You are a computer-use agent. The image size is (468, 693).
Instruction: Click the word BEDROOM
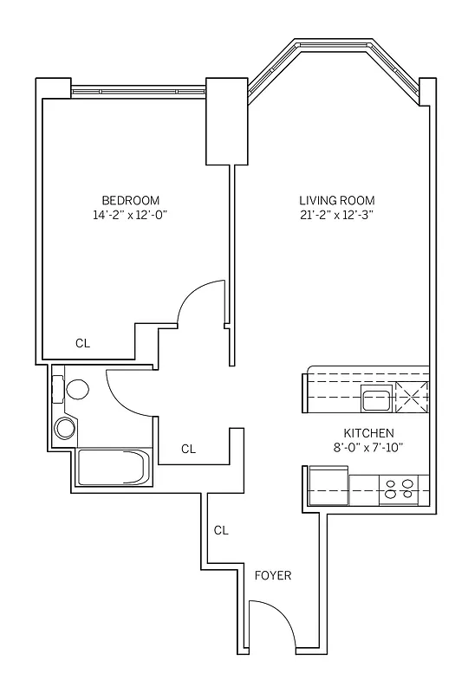click(x=130, y=199)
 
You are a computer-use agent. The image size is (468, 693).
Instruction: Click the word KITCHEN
click(x=369, y=433)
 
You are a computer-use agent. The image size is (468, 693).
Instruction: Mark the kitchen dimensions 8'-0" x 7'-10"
click(x=369, y=448)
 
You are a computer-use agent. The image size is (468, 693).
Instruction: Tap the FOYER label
click(x=272, y=575)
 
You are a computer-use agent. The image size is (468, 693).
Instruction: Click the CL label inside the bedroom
click(x=82, y=343)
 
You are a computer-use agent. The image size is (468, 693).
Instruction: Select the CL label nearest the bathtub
click(x=188, y=449)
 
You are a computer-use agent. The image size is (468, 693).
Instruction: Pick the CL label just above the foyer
click(x=220, y=530)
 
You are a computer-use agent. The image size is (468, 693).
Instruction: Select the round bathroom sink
click(x=65, y=427)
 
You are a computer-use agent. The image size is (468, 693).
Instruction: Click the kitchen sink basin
click(x=376, y=400)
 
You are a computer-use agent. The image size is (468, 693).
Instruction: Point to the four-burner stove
click(x=399, y=490)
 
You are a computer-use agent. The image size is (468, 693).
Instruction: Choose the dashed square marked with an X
click(x=413, y=398)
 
